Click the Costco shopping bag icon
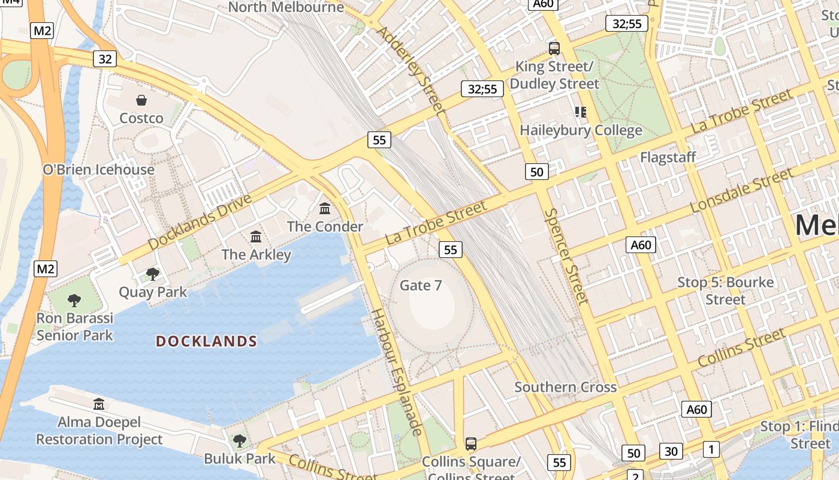tap(141, 100)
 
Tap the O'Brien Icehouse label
tap(99, 170)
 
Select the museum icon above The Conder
tap(325, 209)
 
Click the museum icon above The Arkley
tap(256, 236)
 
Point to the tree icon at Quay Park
tap(153, 274)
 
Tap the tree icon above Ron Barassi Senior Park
tap(74, 300)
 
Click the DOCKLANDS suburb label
tap(207, 341)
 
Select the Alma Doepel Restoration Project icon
tap(99, 404)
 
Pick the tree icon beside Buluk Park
tap(240, 441)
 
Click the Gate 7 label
tap(421, 286)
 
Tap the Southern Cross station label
tap(566, 387)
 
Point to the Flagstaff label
tap(668, 157)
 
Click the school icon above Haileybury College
tap(580, 112)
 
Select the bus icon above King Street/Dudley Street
tap(554, 49)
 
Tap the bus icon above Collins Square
tap(471, 444)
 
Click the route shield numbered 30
tap(671, 451)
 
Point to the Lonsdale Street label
tap(741, 190)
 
